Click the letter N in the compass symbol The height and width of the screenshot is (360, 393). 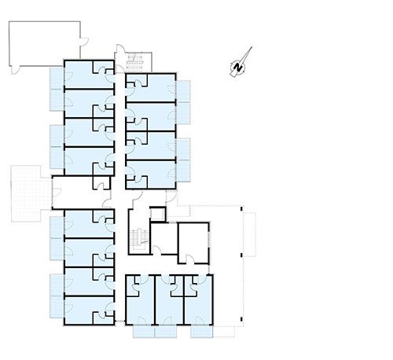pyautogui.click(x=238, y=67)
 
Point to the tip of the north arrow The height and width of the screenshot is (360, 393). pyautogui.click(x=252, y=47)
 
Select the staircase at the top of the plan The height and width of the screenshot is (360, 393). pyautogui.click(x=134, y=63)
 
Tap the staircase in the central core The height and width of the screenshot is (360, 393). pyautogui.click(x=138, y=240)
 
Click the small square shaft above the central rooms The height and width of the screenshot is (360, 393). pyautogui.click(x=158, y=214)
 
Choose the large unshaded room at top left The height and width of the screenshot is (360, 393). pyautogui.click(x=45, y=43)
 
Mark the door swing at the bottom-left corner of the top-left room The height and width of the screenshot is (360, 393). pyautogui.click(x=15, y=70)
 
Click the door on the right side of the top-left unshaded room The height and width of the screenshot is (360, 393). pyautogui.click(x=84, y=42)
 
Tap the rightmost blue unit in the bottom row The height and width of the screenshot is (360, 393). pyautogui.click(x=198, y=300)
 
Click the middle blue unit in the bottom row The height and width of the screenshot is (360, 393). pyautogui.click(x=170, y=300)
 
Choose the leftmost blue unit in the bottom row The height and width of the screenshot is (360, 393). pyautogui.click(x=140, y=300)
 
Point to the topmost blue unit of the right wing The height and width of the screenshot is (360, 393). pyautogui.click(x=150, y=88)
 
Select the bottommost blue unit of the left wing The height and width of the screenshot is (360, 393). pyautogui.click(x=90, y=310)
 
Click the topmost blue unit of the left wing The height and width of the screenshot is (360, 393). pyautogui.click(x=90, y=75)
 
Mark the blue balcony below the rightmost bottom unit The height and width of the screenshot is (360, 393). pyautogui.click(x=201, y=332)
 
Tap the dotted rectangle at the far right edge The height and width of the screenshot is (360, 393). pyautogui.click(x=249, y=234)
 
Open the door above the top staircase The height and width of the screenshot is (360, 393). pyautogui.click(x=120, y=50)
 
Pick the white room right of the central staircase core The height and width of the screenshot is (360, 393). pyautogui.click(x=193, y=243)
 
